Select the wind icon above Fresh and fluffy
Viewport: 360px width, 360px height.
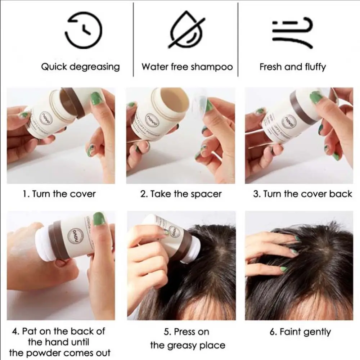(292, 32)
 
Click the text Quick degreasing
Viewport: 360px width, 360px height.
(80, 67)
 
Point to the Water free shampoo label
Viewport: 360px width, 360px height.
(187, 67)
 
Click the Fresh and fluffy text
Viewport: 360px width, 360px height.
(292, 67)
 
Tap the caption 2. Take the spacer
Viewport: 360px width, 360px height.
(181, 194)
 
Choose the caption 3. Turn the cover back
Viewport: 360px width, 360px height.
(302, 194)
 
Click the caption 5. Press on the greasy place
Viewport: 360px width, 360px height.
(187, 338)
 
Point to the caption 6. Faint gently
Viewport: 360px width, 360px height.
(300, 332)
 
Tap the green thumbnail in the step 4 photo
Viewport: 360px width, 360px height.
(99, 219)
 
